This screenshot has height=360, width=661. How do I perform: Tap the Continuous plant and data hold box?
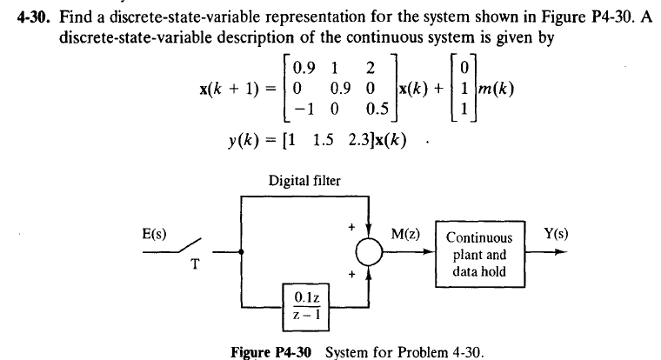(479, 251)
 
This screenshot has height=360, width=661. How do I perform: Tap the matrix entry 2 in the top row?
(371, 66)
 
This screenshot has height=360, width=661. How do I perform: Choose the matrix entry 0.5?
(376, 110)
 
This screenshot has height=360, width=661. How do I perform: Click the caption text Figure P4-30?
(275, 352)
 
